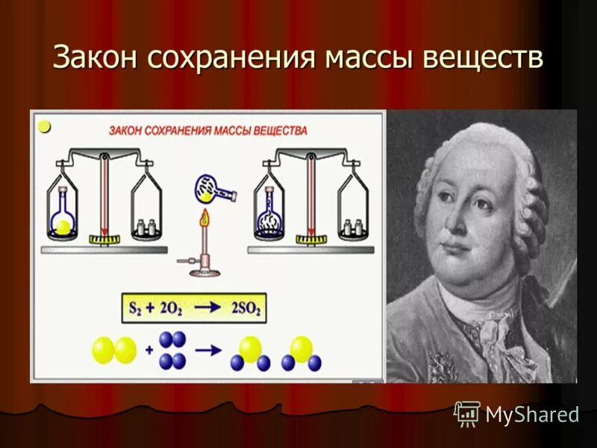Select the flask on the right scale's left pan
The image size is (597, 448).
(268, 213)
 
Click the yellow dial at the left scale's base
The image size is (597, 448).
(105, 239)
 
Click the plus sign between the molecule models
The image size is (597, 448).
(148, 349)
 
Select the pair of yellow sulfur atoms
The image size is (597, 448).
(114, 349)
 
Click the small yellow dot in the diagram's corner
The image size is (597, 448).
(44, 127)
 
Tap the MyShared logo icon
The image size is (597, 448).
(467, 413)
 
